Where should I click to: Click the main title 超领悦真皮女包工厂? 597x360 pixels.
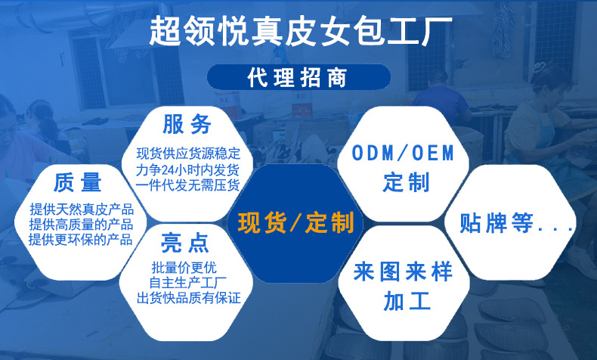(x=298, y=31)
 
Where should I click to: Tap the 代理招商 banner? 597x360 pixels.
(x=298, y=78)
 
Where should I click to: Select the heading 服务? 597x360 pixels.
(x=187, y=123)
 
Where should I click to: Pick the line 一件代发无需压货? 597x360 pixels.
(x=188, y=185)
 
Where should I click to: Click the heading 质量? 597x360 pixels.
(x=78, y=182)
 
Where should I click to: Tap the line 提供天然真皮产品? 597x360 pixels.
(x=81, y=209)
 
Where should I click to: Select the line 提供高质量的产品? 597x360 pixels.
(x=81, y=225)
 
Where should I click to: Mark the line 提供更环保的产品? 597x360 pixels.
(x=81, y=240)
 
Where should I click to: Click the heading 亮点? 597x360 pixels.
(x=184, y=244)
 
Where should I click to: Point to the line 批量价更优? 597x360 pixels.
(x=184, y=267)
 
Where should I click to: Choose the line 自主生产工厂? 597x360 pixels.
(x=184, y=283)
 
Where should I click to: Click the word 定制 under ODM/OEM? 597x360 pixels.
(x=406, y=182)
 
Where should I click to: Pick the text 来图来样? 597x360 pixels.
(x=404, y=272)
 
